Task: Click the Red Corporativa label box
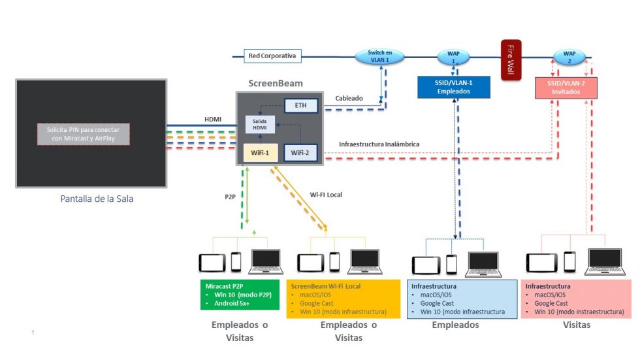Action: coord(272,56)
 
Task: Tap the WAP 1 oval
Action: coord(454,57)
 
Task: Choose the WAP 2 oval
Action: coord(569,57)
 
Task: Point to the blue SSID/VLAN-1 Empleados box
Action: coord(453,88)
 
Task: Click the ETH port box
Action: coord(300,105)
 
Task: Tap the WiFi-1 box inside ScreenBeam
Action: coord(259,152)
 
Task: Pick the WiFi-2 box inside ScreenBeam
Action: coord(300,152)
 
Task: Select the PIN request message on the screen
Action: coord(83,133)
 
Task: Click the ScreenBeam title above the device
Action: coord(276,84)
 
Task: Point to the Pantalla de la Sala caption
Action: coord(97,199)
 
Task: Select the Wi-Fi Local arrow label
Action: coord(325,195)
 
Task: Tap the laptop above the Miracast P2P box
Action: coord(266,261)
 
